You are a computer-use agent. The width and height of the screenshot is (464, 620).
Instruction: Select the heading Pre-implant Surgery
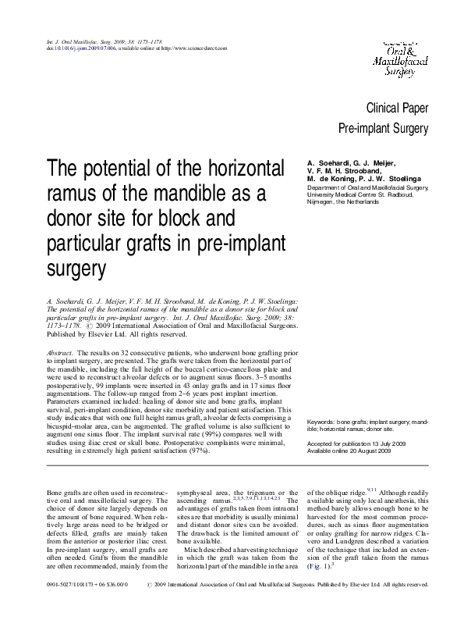(383, 128)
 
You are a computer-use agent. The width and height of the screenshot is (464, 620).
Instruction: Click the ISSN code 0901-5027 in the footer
(62, 605)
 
